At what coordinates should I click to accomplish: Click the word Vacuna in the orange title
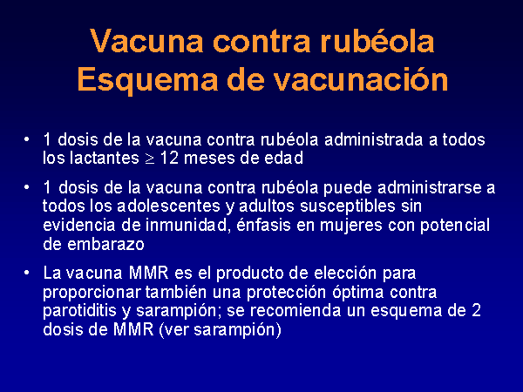coord(146,41)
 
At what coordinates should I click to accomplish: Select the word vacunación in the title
coord(361,79)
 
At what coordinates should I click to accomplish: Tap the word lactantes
coord(105,158)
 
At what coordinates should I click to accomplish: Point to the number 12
coord(169,158)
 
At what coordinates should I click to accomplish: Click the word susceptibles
coord(348,206)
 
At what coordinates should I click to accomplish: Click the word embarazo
coord(105,244)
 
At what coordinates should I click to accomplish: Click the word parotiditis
coord(79,311)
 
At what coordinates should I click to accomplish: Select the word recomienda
coord(295,311)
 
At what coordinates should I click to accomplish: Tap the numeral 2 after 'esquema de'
coord(476,311)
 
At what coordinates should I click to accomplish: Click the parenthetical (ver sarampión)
coord(221,330)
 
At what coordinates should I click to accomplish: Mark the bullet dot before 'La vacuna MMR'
coord(27,273)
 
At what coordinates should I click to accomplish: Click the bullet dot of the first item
coord(27,139)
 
